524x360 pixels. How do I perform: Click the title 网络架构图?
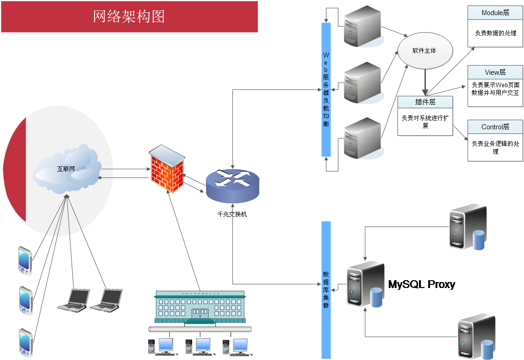click(129, 17)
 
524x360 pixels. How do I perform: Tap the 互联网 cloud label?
click(66, 169)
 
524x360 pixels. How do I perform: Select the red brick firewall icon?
click(167, 170)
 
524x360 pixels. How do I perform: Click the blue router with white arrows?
click(232, 184)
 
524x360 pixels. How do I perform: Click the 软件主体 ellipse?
click(425, 50)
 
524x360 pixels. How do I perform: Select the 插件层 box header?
click(425, 102)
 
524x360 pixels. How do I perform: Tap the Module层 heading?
click(495, 13)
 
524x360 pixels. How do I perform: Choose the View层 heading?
click(495, 72)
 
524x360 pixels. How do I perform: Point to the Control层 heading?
click(495, 127)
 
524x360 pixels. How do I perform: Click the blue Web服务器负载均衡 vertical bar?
click(326, 89)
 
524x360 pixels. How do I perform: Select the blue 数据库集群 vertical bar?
click(326, 290)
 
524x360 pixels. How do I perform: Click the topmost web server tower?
click(363, 26)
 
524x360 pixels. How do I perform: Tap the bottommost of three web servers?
click(363, 138)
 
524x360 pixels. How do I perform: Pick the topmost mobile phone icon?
click(25, 260)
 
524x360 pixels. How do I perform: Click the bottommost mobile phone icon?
click(26, 343)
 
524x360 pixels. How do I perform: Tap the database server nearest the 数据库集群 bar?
click(365, 284)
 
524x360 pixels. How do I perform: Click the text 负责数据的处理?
click(495, 33)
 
